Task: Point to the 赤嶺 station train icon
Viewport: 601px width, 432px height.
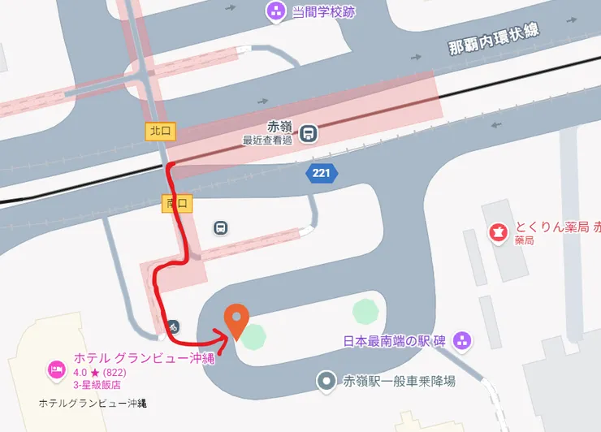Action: point(308,133)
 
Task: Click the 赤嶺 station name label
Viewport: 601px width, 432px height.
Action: point(279,127)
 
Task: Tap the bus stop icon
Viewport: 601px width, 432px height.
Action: point(221,228)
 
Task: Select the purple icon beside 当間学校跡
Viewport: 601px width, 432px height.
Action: point(275,11)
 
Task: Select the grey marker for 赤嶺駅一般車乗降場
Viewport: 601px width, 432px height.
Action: point(326,380)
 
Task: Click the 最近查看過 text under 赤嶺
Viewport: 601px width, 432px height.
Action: point(267,140)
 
